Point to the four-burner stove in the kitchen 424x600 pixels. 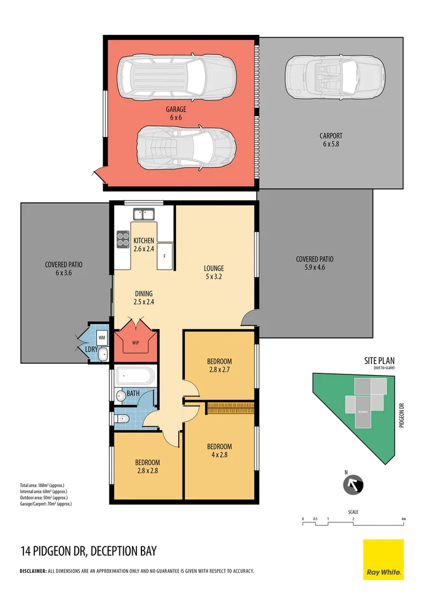click(123, 239)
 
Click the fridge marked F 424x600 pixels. click(165, 256)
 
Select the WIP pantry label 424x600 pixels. click(135, 342)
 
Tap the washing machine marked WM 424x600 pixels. click(102, 337)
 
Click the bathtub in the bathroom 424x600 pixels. click(135, 376)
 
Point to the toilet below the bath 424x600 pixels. click(123, 419)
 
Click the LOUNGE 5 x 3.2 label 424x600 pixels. click(214, 272)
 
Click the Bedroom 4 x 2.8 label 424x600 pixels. click(219, 451)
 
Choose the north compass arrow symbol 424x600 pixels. click(353, 484)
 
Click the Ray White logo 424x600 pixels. click(383, 559)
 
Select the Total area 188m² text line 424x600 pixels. click(44, 486)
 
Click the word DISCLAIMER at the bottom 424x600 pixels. click(33, 571)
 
